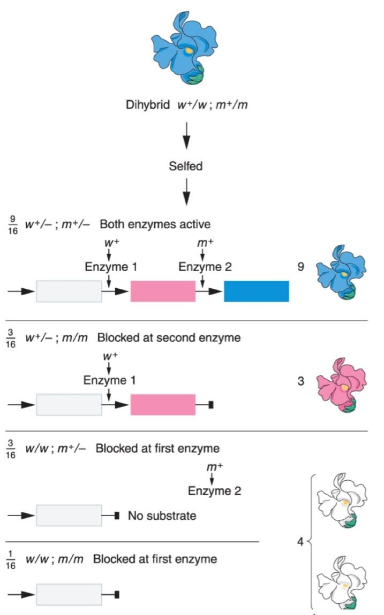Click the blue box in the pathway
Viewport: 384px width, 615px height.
coord(257,291)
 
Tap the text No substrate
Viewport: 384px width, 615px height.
coord(162,516)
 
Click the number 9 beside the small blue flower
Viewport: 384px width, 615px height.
coord(301,266)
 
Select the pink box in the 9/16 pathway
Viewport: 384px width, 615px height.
coord(163,291)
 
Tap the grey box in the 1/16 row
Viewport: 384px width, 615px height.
coord(69,594)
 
